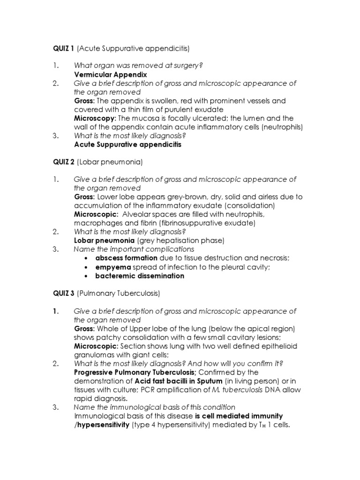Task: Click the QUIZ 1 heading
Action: click(x=63, y=48)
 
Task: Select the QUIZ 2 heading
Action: click(x=63, y=162)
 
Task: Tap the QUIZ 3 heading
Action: click(x=63, y=294)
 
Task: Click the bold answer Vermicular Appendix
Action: click(x=111, y=75)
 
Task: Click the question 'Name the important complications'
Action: click(x=134, y=249)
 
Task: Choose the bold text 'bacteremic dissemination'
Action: click(x=140, y=276)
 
